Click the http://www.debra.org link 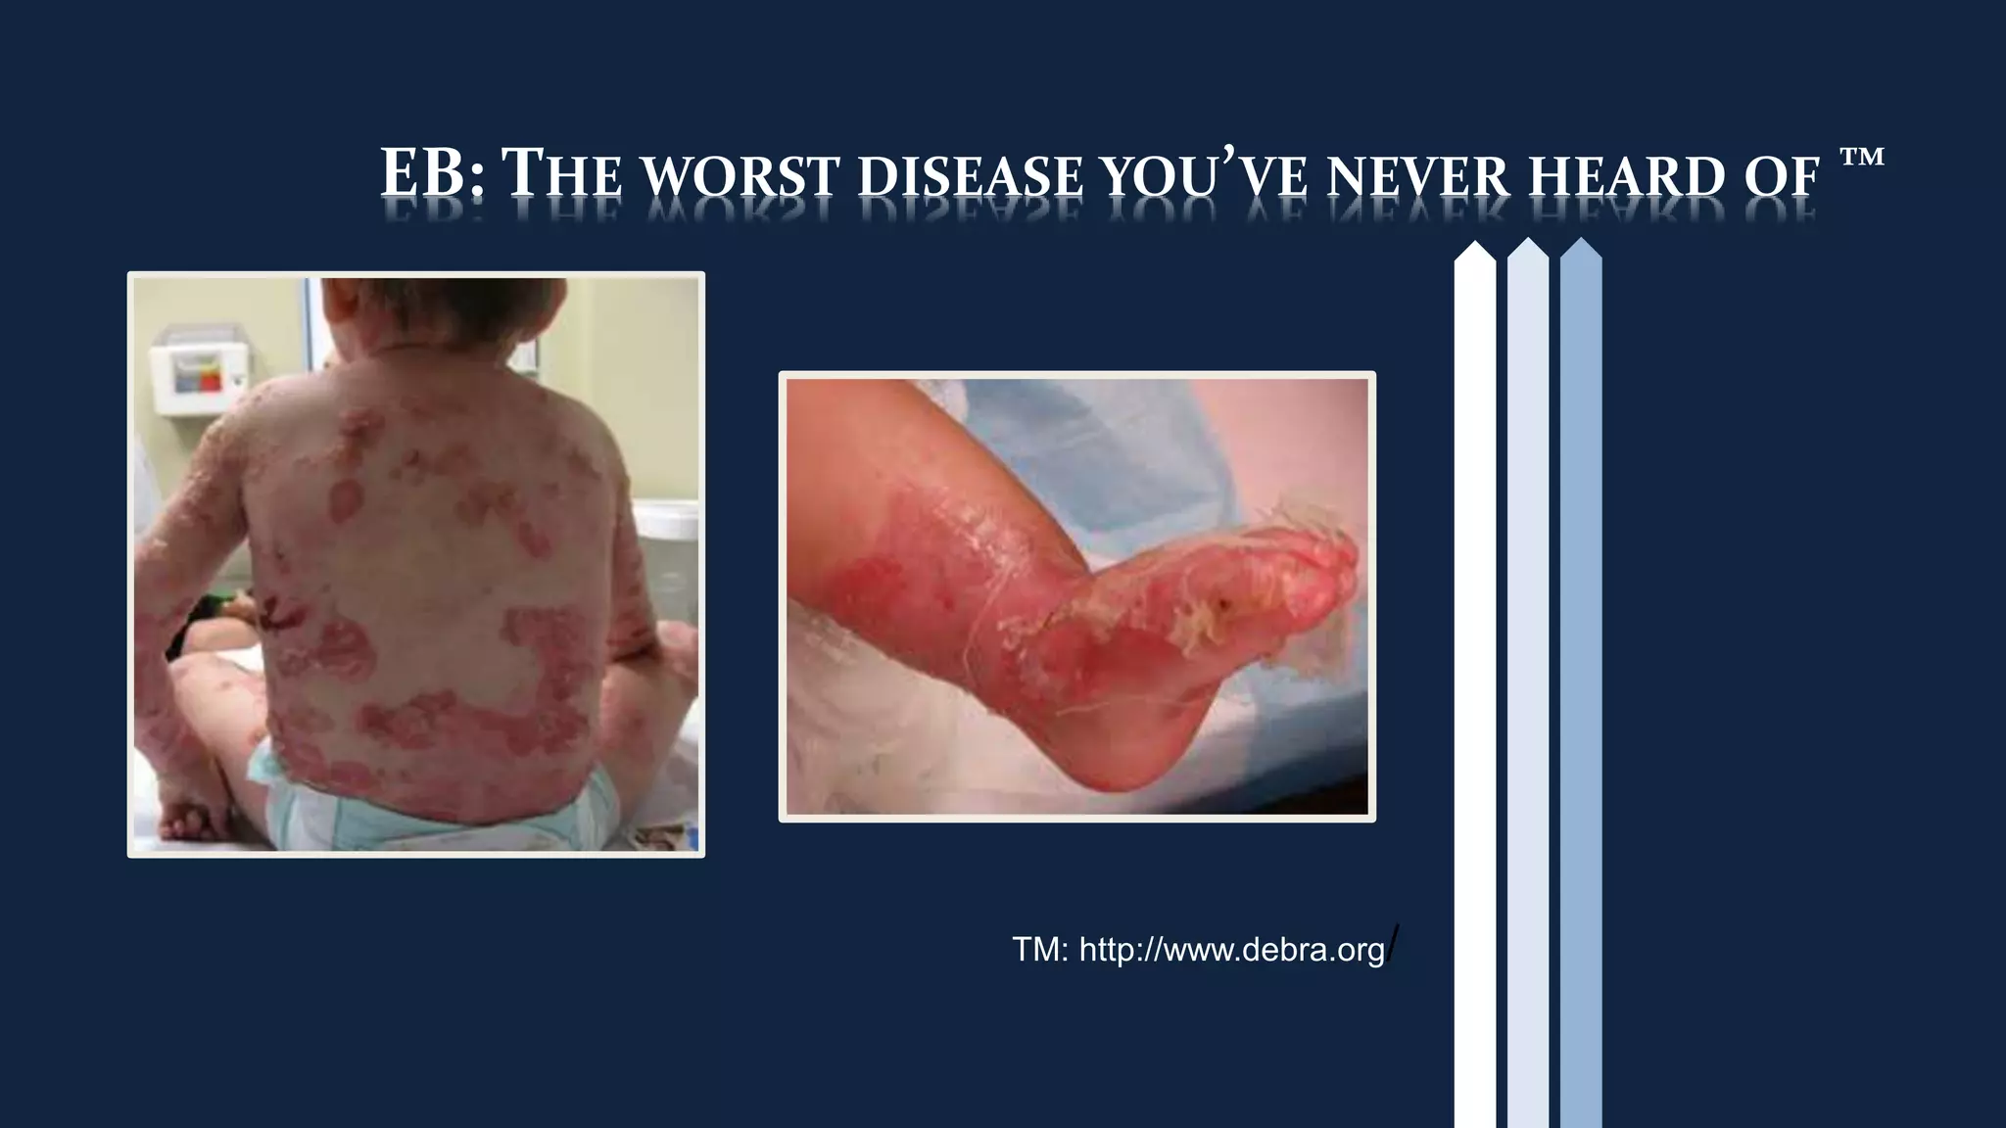(1232, 950)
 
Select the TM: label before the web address (1039, 950)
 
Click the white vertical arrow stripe (1475, 685)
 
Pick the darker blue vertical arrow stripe (1581, 685)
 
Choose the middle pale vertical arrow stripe (1528, 685)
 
